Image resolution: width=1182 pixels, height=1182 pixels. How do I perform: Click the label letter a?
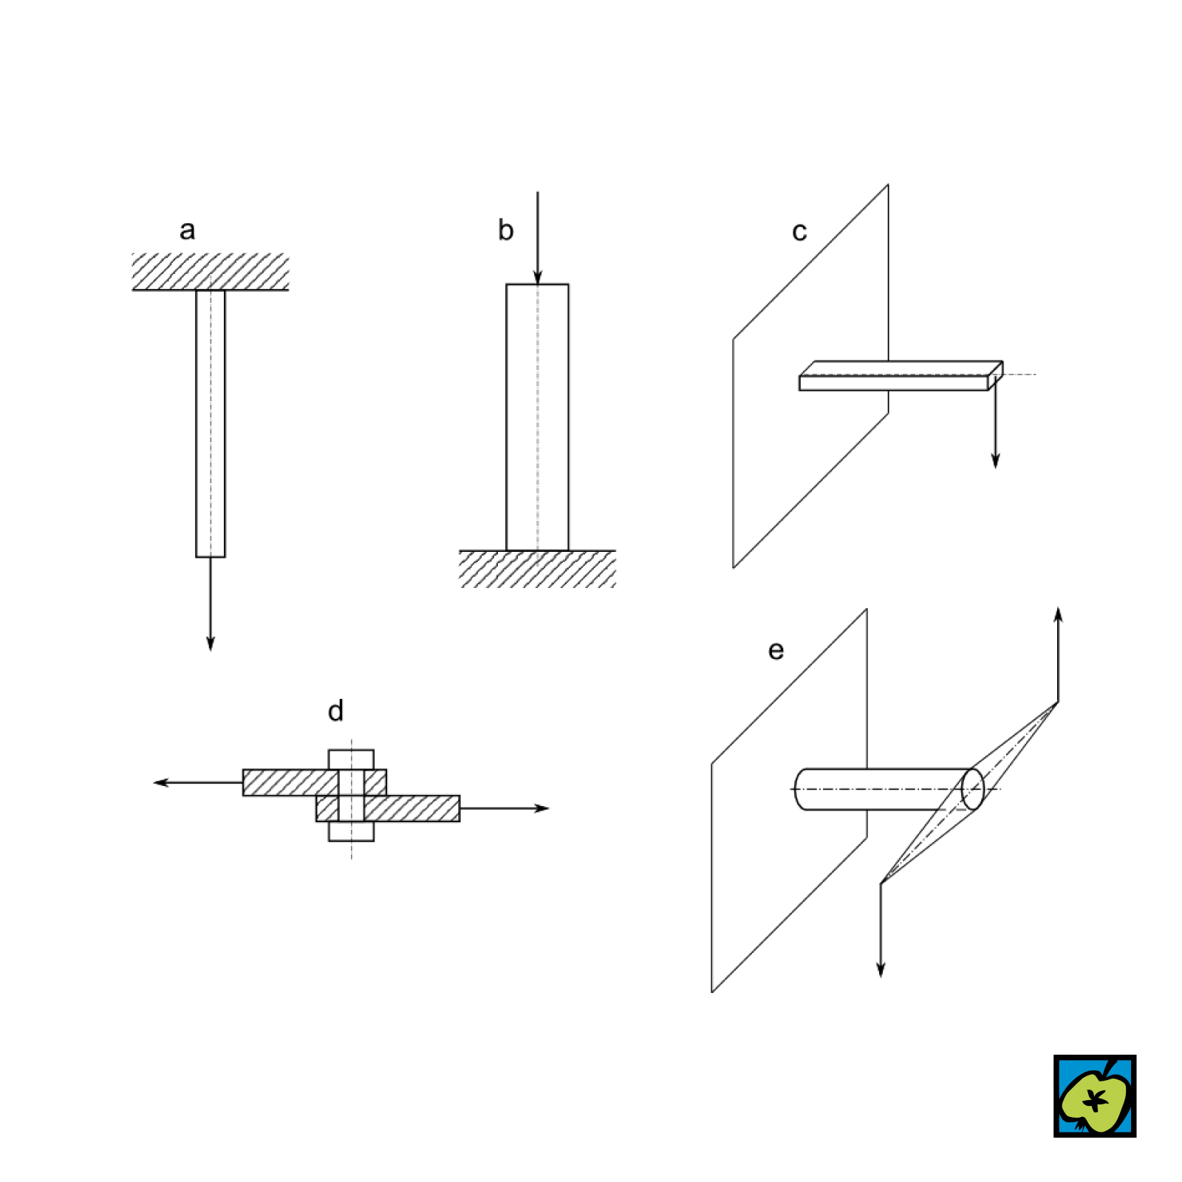point(188,230)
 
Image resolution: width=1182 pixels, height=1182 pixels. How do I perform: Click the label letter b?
point(505,230)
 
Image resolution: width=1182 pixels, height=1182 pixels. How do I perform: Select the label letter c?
point(799,232)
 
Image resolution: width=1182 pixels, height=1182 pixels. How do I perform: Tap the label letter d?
point(335,711)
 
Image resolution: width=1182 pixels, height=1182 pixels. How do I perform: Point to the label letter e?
point(776,651)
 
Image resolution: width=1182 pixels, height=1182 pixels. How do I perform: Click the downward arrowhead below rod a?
point(211,642)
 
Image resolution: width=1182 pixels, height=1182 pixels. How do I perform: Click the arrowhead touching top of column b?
point(538,276)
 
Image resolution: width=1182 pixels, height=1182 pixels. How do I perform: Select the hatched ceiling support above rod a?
point(211,271)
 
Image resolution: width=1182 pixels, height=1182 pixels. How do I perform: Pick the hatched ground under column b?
point(537,569)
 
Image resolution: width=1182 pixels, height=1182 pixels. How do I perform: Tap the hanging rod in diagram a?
point(211,423)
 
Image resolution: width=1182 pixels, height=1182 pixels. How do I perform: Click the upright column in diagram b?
point(538,417)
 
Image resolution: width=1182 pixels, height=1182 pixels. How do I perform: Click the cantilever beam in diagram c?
point(901,376)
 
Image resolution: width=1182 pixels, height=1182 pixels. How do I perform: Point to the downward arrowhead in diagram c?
point(996,460)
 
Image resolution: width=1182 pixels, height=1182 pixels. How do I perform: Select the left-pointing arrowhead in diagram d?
point(162,782)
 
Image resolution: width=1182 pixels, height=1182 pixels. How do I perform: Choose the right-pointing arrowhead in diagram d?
point(542,808)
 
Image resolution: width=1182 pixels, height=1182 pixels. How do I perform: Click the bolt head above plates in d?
point(352,759)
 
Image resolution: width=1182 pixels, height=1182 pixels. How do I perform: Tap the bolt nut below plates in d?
point(352,831)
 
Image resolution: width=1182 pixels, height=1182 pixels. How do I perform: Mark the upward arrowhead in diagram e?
point(1059,617)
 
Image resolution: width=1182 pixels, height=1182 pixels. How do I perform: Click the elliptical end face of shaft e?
point(973,789)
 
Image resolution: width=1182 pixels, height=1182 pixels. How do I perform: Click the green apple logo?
point(1095,1096)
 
